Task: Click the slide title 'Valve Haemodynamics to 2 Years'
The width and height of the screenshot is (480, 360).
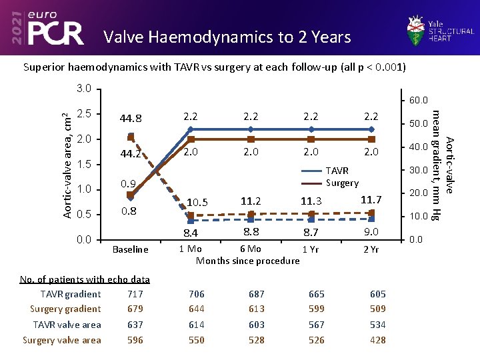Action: [227, 37]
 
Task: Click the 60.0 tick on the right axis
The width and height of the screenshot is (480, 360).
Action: [418, 101]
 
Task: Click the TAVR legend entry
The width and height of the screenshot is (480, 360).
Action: [337, 171]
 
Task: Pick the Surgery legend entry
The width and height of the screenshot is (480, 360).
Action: [341, 183]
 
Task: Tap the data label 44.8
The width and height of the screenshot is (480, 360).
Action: [131, 119]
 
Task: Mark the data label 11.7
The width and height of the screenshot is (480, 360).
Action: [371, 200]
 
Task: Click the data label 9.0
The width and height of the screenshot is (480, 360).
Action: [371, 232]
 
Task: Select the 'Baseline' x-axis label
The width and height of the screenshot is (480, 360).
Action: [130, 249]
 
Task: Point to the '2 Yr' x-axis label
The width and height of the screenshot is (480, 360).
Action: [371, 249]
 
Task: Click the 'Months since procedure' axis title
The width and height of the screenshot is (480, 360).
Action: [247, 261]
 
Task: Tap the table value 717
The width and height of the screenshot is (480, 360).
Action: [135, 294]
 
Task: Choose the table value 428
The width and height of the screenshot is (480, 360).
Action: [377, 340]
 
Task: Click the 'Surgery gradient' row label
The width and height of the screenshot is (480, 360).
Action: [65, 309]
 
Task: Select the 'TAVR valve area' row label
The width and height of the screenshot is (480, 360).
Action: [67, 325]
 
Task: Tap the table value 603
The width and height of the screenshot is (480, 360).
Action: [256, 325]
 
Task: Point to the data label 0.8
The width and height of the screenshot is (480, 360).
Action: [129, 212]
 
